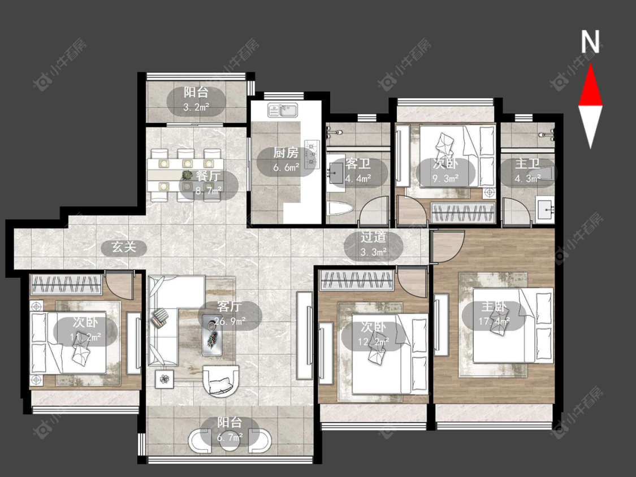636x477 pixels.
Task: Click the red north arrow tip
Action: click(590, 65)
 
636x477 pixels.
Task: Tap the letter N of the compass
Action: click(590, 41)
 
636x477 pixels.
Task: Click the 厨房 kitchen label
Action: click(285, 153)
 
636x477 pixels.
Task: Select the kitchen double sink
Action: click(282, 110)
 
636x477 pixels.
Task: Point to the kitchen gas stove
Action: click(312, 154)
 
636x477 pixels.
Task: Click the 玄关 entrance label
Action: click(124, 246)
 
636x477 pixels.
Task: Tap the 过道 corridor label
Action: click(373, 237)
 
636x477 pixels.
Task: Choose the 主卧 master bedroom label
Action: click(494, 306)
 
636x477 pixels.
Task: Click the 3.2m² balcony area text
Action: click(196, 107)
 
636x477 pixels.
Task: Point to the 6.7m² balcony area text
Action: click(230, 437)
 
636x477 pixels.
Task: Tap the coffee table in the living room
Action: click(212, 335)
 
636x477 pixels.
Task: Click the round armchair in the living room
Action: click(220, 381)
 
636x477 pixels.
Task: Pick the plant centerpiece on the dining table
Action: click(187, 175)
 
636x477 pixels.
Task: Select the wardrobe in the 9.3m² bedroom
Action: click(463, 212)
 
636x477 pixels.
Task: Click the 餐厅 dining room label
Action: click(208, 176)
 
